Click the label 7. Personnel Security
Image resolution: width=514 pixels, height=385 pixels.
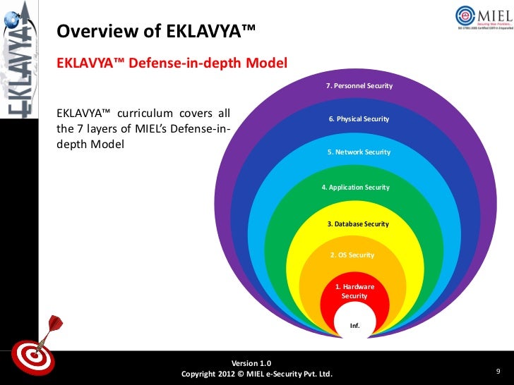pos(359,86)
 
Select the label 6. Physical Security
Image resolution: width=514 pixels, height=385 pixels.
pos(359,119)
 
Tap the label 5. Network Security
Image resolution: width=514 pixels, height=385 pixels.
pos(359,152)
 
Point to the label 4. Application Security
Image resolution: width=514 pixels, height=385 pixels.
pos(355,188)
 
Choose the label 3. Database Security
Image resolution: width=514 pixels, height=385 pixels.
pos(358,224)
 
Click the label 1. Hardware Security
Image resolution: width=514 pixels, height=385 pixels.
pos(354,291)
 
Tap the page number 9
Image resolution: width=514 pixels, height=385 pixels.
pos(498,371)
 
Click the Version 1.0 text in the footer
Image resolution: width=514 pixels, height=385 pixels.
pos(256,362)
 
